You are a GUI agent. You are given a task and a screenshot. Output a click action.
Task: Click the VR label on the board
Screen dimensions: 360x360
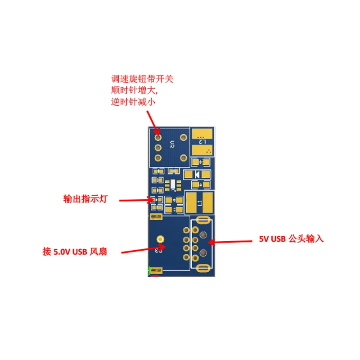(x=171, y=144)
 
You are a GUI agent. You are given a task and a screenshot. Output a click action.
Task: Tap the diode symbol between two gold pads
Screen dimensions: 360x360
(x=197, y=174)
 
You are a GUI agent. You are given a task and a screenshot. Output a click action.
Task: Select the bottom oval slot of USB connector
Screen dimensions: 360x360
(x=202, y=269)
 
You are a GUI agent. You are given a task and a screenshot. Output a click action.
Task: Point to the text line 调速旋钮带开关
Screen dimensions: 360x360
(x=142, y=79)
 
